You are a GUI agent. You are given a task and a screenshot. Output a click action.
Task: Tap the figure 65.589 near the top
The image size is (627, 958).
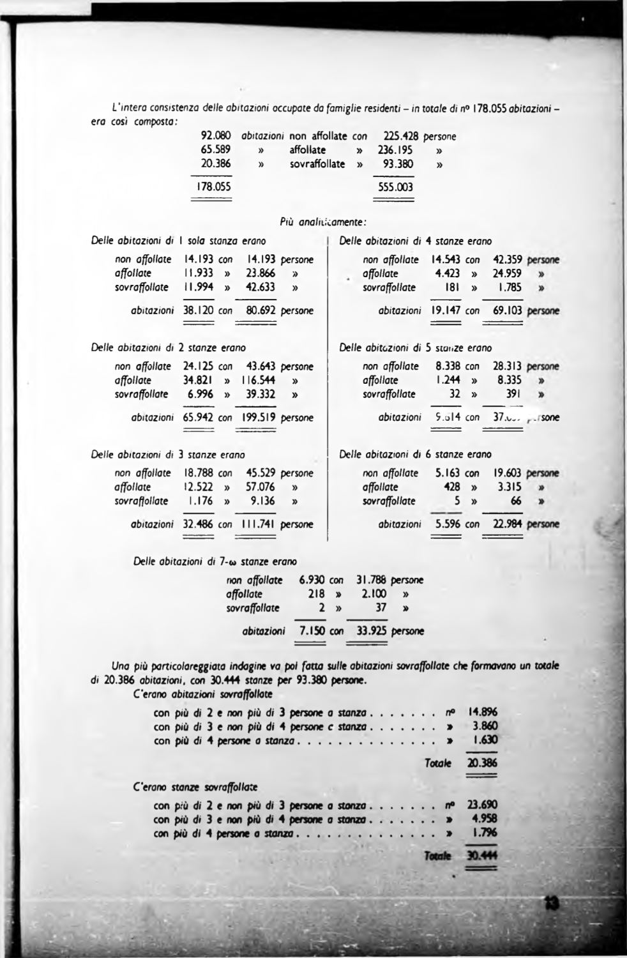click(216, 150)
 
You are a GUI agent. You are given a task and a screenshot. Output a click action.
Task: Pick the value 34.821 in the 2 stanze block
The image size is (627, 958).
click(198, 381)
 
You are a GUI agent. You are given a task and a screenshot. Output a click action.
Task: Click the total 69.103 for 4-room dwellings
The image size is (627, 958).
click(508, 312)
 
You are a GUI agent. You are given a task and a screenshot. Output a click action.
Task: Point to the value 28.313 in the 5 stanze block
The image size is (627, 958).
click(508, 367)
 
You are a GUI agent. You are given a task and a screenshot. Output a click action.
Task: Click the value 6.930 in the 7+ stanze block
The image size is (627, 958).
click(312, 581)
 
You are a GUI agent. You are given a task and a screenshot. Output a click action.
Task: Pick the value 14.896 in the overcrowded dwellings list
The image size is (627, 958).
click(483, 713)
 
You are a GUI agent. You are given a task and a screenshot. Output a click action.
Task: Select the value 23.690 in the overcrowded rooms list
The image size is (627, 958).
click(483, 807)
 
